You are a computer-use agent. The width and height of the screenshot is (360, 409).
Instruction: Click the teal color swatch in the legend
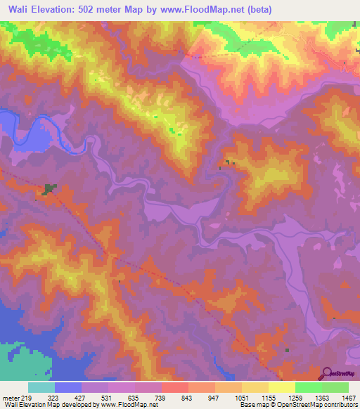point(41,387)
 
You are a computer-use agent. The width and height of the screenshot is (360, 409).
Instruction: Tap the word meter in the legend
point(11,397)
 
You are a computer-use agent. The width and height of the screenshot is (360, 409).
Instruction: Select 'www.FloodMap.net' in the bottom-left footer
point(129,405)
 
